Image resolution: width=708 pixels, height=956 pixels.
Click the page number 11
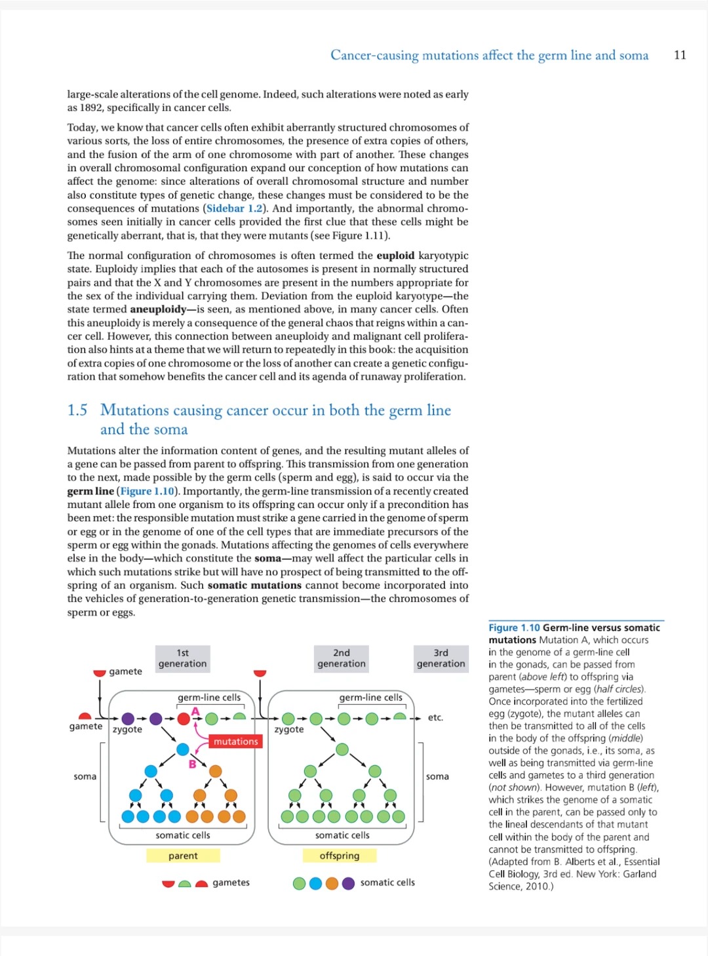tap(680, 55)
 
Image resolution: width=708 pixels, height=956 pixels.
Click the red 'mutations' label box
tap(235, 742)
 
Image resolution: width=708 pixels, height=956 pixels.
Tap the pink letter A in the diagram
tap(195, 711)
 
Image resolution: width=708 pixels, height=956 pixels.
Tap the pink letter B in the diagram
tap(192, 764)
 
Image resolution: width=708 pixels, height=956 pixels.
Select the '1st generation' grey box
tap(182, 658)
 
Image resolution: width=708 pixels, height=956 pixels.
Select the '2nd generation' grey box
tap(342, 658)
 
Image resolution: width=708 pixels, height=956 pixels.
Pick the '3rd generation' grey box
tap(441, 658)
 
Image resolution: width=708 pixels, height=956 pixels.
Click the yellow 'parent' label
tap(183, 856)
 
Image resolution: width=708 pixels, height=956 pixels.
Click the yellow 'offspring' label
tap(340, 856)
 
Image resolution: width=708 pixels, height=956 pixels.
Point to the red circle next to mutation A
tap(184, 719)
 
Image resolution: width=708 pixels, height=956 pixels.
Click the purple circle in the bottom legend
tap(348, 883)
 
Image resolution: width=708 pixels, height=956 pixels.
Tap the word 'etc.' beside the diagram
tap(435, 717)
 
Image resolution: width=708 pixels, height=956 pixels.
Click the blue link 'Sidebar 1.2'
tap(234, 209)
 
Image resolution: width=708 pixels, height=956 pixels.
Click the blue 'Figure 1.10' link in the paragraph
tap(147, 491)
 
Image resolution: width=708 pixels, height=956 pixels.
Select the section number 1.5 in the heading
tap(77, 410)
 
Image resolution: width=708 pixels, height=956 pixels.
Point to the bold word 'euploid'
tap(395, 256)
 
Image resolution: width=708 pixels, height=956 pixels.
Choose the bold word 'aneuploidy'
tap(158, 309)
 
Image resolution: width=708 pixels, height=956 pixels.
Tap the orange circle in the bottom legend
tap(332, 883)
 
